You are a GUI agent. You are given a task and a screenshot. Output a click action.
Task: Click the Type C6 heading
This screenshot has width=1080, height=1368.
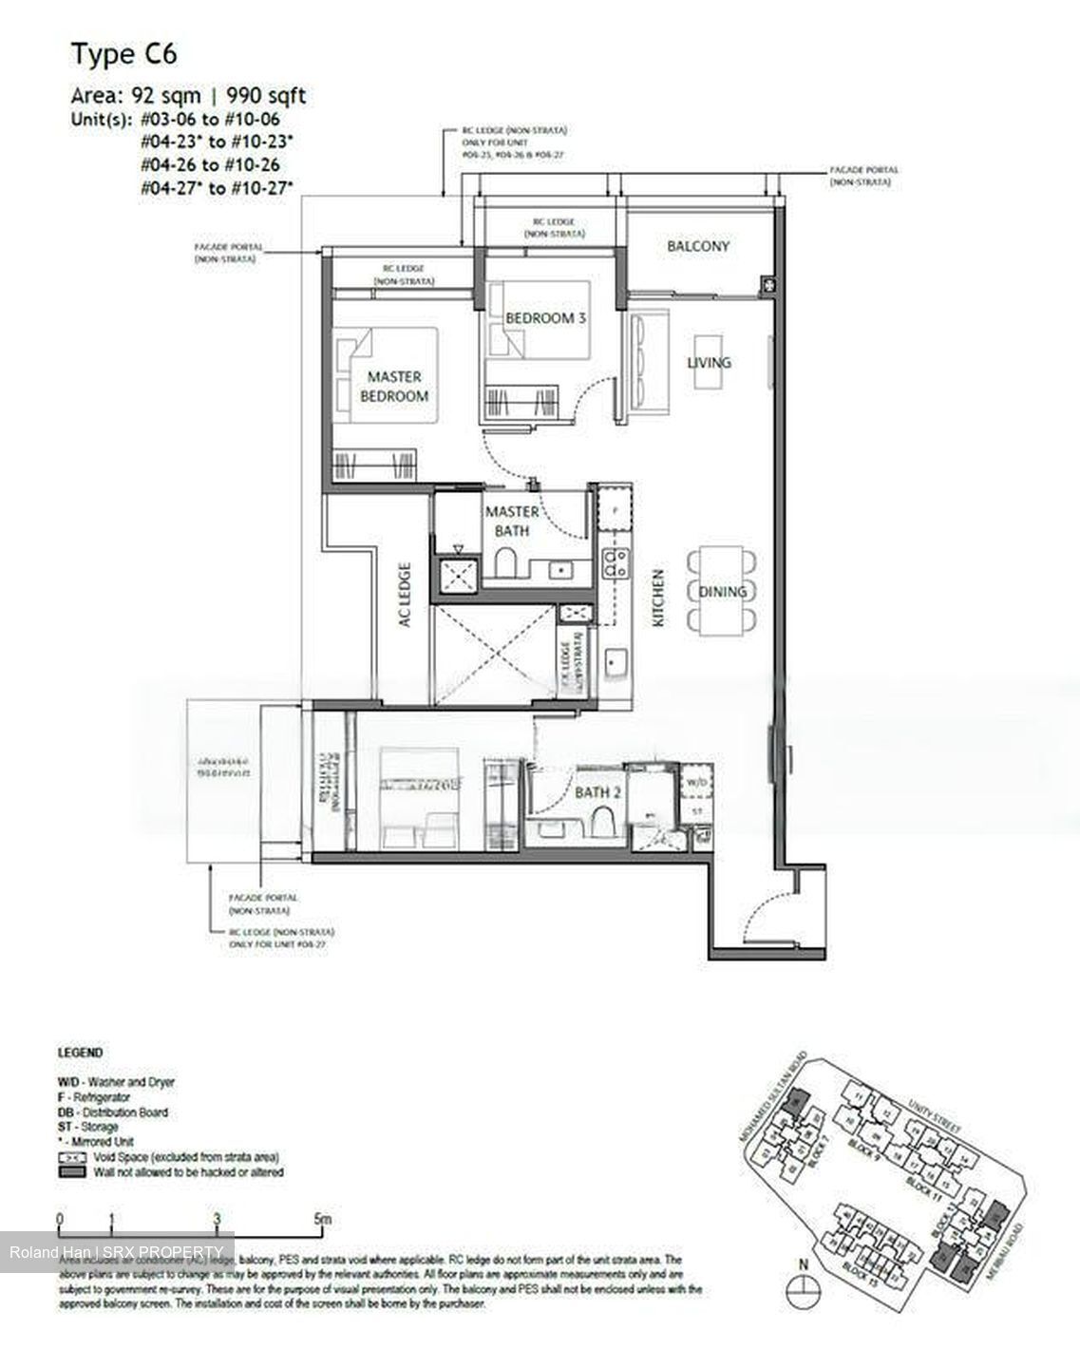(x=123, y=54)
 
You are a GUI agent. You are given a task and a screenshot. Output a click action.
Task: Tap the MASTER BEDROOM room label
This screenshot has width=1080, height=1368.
(x=394, y=387)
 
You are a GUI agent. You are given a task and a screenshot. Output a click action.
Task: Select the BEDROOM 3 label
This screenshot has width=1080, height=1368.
(x=545, y=318)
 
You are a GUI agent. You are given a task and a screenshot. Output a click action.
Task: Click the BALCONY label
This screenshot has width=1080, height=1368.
(x=698, y=246)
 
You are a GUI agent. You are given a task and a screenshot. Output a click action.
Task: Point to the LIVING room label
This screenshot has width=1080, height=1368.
(x=710, y=362)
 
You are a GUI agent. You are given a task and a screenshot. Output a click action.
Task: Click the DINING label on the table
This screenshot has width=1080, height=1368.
(x=723, y=591)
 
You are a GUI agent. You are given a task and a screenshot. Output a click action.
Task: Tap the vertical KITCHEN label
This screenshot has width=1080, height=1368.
(x=658, y=598)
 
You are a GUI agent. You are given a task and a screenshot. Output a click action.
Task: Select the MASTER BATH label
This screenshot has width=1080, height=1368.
(x=512, y=521)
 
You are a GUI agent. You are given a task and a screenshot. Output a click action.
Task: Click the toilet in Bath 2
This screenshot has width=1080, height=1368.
(x=602, y=820)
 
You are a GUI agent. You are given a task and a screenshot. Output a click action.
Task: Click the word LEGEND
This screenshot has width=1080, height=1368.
(x=81, y=1053)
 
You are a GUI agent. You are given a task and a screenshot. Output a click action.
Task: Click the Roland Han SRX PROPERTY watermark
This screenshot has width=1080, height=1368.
(x=118, y=1252)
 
